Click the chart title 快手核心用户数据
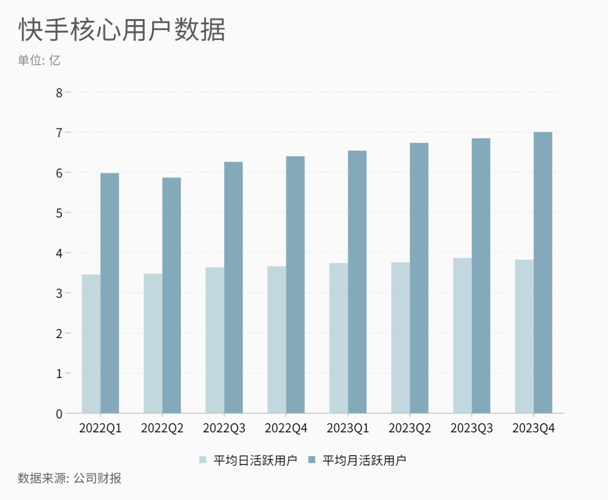pos(122,30)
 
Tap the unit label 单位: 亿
pos(39,60)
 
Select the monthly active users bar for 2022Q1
pos(110,293)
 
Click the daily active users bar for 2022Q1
pos(91,344)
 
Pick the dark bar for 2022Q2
pos(172,295)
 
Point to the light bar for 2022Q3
pos(214,340)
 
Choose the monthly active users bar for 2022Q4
pos(295,285)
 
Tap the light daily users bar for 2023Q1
pos(338,338)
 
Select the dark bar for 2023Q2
pos(419,278)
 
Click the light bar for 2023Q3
pos(462,335)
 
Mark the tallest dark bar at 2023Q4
pos(543,273)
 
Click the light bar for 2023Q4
pos(524,336)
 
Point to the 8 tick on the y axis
pos(59,92)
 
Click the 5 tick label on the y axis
pos(59,213)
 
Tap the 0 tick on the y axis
pos(59,413)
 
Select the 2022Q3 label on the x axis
pos(224,429)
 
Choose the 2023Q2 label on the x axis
pos(410,429)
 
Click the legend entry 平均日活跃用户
pos(248,460)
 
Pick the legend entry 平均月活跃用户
pos(357,460)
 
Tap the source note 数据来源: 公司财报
pos(70,479)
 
